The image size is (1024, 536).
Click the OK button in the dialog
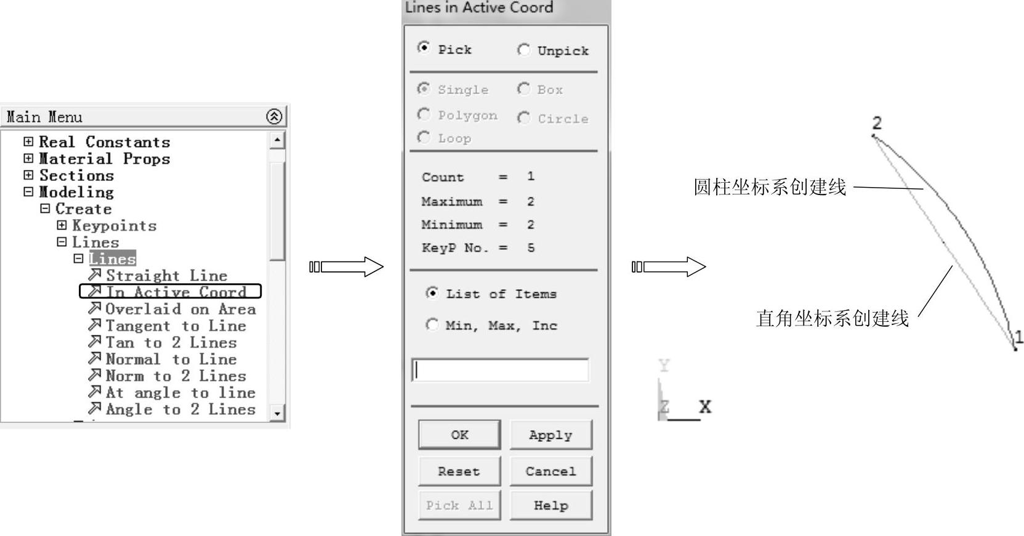pos(459,435)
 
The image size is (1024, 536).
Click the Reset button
pos(459,471)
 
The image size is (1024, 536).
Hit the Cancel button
pos(550,471)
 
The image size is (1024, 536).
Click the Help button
pos(550,505)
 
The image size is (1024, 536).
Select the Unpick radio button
pos(524,50)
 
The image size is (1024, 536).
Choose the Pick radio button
pos(424,48)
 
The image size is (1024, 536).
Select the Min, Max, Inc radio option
pos(432,325)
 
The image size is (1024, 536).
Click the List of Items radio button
pos(432,294)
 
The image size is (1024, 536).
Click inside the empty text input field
pos(500,370)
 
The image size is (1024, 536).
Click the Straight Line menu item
pos(166,275)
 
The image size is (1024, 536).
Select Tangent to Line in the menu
pos(175,326)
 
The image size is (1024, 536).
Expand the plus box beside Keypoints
pos(62,225)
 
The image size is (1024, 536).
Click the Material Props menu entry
pos(104,159)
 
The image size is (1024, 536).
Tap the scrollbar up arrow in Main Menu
pos(277,140)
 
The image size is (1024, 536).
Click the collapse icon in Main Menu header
pos(274,116)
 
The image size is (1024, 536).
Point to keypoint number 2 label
pos(877,123)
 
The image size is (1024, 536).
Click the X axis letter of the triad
pos(705,407)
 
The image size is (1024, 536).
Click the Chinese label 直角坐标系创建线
pos(832,318)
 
